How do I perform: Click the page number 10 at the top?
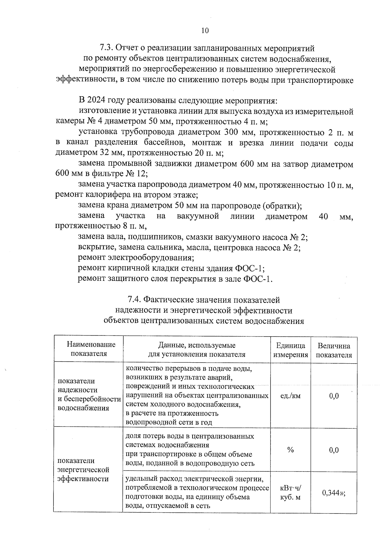click(x=205, y=31)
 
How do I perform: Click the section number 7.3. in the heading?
click(x=107, y=48)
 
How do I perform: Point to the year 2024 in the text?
click(x=97, y=101)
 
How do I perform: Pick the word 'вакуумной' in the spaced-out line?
click(x=198, y=216)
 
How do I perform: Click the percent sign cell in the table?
click(x=290, y=450)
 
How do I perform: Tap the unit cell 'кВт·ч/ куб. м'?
click(x=290, y=492)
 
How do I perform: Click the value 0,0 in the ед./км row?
click(x=334, y=396)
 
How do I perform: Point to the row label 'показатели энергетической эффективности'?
click(x=83, y=470)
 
